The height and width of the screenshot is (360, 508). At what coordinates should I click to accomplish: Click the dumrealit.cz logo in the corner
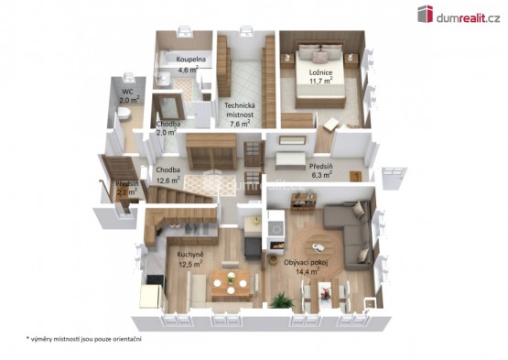click(459, 15)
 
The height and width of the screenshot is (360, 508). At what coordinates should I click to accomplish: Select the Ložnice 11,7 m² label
click(320, 77)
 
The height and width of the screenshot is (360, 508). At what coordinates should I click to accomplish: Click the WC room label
click(128, 92)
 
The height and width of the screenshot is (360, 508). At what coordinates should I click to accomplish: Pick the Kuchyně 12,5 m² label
click(190, 259)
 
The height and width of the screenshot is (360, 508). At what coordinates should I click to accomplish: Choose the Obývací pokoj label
click(306, 262)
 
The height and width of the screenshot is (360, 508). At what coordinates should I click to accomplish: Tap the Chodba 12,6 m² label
click(168, 175)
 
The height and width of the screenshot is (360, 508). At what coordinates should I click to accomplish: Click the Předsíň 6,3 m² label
click(320, 170)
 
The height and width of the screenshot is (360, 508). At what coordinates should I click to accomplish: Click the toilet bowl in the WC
click(124, 113)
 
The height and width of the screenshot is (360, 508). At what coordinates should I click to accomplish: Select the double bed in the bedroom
click(319, 75)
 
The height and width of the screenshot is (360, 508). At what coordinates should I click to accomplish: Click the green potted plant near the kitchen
click(282, 300)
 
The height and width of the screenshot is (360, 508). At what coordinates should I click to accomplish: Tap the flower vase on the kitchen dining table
click(231, 278)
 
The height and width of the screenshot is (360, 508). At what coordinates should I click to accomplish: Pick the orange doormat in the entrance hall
click(355, 177)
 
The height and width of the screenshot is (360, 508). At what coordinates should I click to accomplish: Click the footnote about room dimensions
click(84, 339)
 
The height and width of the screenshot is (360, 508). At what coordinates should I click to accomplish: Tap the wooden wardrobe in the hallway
click(211, 151)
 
